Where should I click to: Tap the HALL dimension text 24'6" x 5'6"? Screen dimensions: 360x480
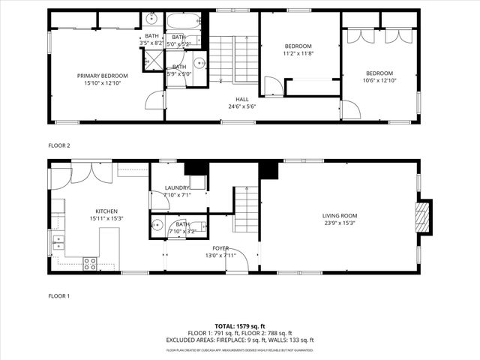pyautogui.click(x=241, y=106)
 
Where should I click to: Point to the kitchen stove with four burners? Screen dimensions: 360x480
pyautogui.click(x=89, y=263)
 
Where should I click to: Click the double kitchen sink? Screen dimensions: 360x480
pyautogui.click(x=58, y=241)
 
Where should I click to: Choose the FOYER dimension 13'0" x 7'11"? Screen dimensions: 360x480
pyautogui.click(x=220, y=255)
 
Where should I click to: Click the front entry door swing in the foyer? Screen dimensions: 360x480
pyautogui.click(x=237, y=260)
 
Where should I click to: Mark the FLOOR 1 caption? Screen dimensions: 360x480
pyautogui.click(x=58, y=296)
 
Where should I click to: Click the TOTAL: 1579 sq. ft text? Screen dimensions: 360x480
pyautogui.click(x=239, y=325)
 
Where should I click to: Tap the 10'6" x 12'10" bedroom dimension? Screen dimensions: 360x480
pyautogui.click(x=379, y=80)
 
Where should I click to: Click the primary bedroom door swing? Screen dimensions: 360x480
pyautogui.click(x=154, y=100)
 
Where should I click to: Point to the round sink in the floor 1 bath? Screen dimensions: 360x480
pyautogui.click(x=157, y=224)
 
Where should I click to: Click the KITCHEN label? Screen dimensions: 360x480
pyautogui.click(x=106, y=211)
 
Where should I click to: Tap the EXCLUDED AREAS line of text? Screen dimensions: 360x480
pyautogui.click(x=239, y=340)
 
